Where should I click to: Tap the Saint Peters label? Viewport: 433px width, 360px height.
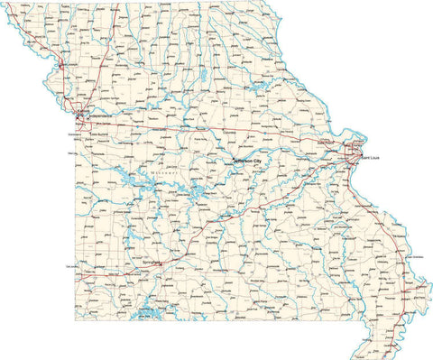coord(325,143)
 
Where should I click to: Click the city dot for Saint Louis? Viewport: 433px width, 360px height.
coord(358,155)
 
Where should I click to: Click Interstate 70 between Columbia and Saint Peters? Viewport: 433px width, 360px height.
coord(271,135)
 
